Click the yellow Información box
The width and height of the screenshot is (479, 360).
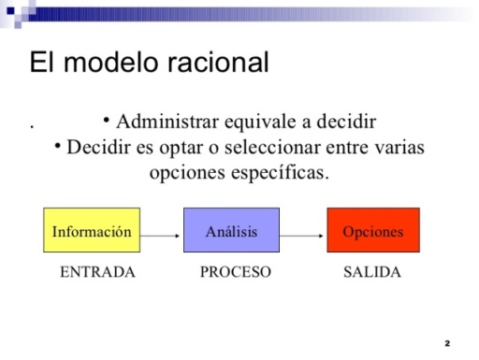92,230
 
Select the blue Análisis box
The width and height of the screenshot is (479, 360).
232,230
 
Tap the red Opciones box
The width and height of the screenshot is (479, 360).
372,230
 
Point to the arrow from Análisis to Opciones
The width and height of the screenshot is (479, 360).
302,236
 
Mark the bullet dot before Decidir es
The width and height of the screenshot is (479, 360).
58,145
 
